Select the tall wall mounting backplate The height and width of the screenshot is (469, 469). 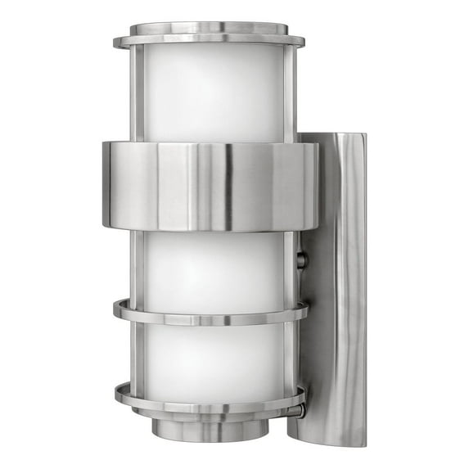[336, 278]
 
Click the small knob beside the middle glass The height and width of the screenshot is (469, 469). [302, 261]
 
